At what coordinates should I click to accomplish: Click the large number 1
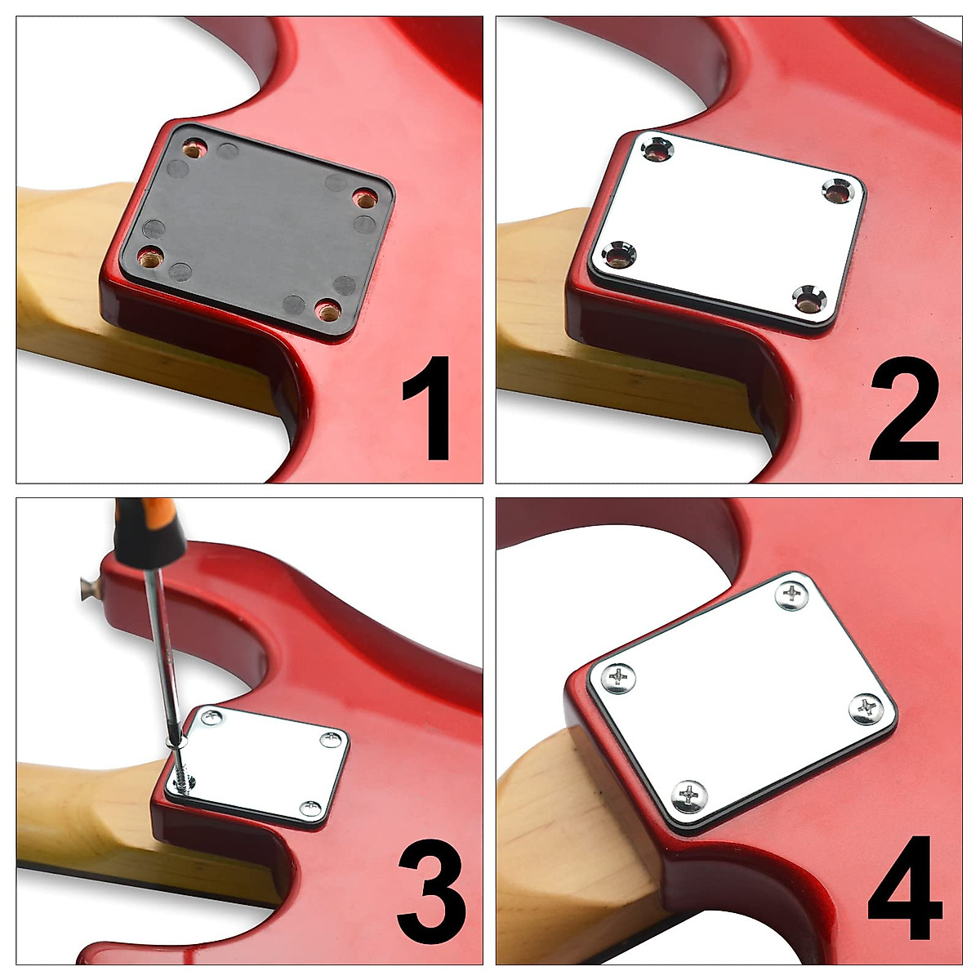click(430, 408)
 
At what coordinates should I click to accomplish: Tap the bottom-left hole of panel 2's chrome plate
click(621, 256)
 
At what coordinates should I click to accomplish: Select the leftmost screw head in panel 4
click(620, 677)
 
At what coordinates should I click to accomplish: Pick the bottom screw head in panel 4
click(691, 793)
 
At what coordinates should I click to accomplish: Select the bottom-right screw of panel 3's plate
click(310, 808)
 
